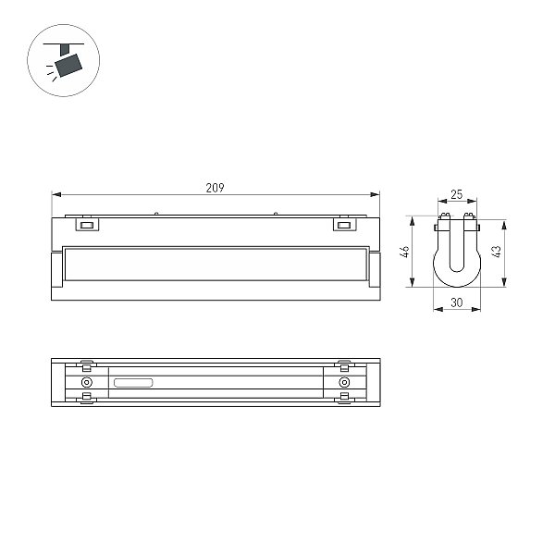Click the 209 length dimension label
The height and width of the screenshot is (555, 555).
pyautogui.click(x=215, y=188)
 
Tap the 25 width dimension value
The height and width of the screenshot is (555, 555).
pyautogui.click(x=457, y=194)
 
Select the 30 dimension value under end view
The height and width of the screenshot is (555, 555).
pyautogui.click(x=457, y=302)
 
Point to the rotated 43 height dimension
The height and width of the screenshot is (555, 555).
pyautogui.click(x=497, y=252)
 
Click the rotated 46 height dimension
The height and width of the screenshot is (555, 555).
pyautogui.click(x=404, y=252)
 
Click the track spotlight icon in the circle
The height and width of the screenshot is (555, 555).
pyautogui.click(x=64, y=60)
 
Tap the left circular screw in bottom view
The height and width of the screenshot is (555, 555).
pyautogui.click(x=87, y=382)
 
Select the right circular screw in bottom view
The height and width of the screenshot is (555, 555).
pyautogui.click(x=344, y=382)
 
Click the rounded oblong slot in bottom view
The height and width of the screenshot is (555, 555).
pyautogui.click(x=133, y=383)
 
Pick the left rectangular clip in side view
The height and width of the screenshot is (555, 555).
pyautogui.click(x=87, y=225)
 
